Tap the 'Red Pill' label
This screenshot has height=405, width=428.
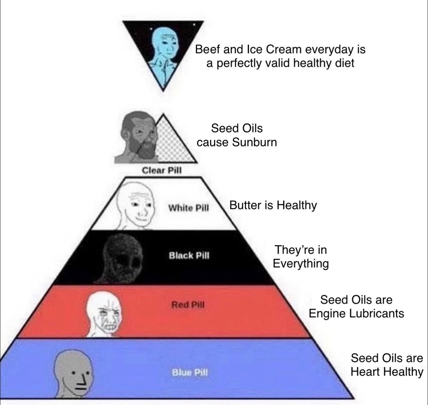point(188,304)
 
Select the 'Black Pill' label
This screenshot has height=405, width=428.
point(189,255)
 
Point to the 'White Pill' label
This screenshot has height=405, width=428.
point(189,208)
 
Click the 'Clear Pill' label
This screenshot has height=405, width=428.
point(162,170)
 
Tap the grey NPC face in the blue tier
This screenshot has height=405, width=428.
point(73,374)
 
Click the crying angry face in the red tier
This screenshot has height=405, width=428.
point(104,314)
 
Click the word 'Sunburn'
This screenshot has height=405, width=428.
point(255,142)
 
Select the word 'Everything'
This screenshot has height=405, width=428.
point(301,263)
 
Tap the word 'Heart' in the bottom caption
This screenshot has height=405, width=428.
point(366,371)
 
